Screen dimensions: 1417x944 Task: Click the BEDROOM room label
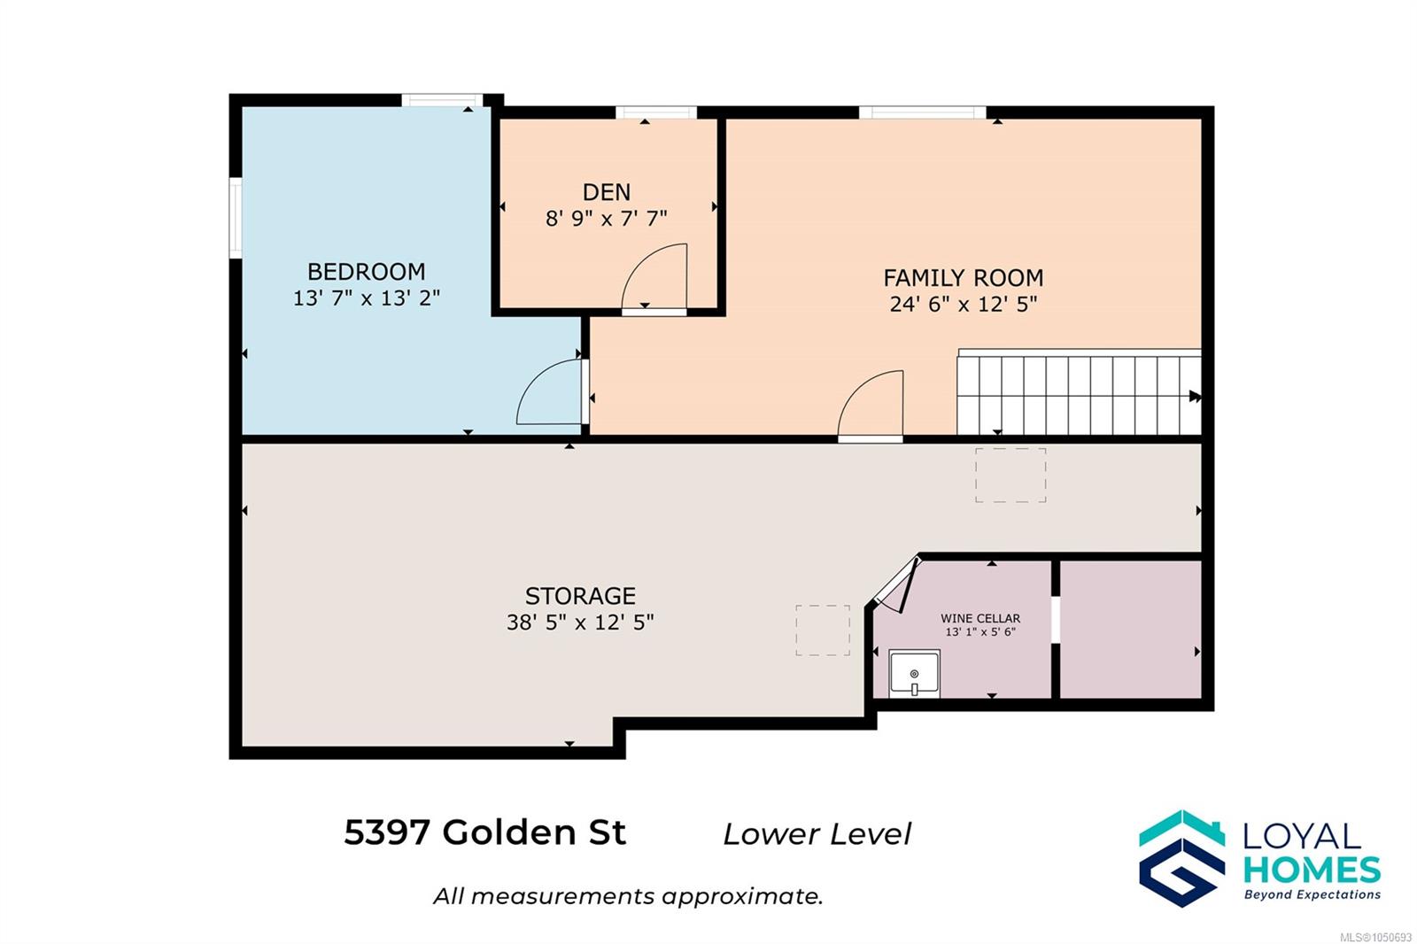(367, 272)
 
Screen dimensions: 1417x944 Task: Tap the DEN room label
(606, 192)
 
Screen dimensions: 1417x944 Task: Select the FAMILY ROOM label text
(963, 278)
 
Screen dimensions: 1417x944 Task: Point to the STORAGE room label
(580, 596)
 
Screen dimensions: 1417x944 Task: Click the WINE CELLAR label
(980, 618)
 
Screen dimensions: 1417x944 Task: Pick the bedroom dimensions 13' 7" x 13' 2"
(367, 298)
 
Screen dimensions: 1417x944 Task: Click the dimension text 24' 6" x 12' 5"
(963, 305)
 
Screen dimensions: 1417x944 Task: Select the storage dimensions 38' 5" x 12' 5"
(580, 623)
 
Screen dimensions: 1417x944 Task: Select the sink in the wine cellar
(914, 674)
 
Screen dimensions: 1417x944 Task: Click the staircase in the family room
(1079, 392)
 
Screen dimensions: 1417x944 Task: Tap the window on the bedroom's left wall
(236, 218)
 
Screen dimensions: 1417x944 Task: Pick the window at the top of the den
(656, 112)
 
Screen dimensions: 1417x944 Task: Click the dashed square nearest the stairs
(1010, 476)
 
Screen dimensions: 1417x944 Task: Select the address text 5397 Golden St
(484, 832)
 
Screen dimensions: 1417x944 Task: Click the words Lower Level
(817, 834)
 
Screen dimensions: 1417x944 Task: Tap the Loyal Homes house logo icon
(1181, 859)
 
